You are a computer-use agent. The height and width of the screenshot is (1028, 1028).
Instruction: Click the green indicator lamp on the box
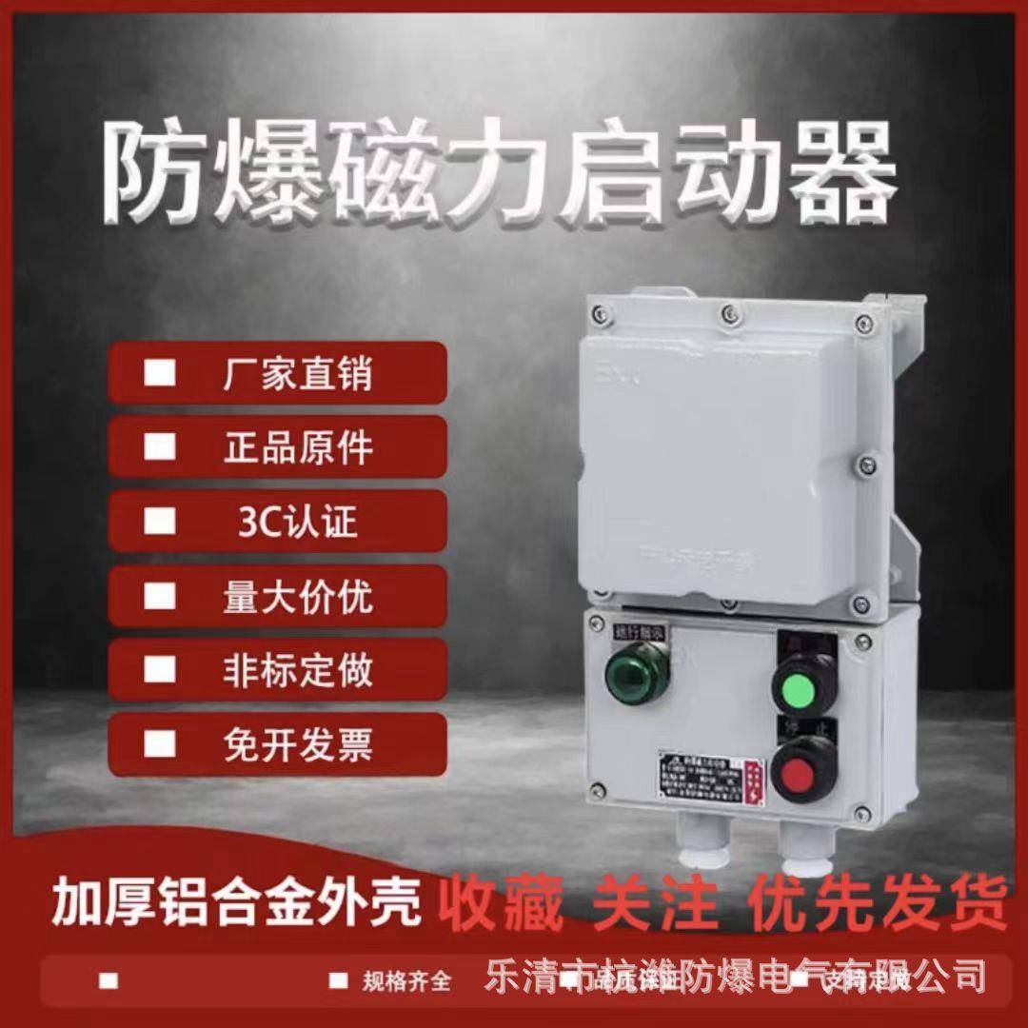point(638,676)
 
